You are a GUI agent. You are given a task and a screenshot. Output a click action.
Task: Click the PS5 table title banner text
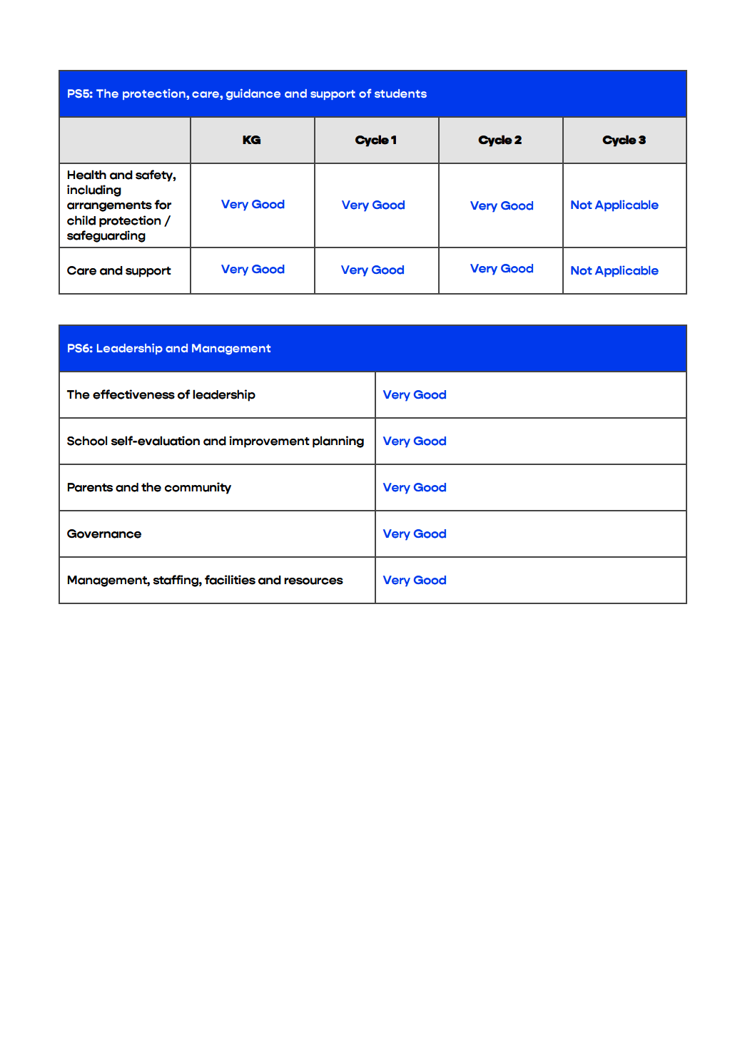pos(247,94)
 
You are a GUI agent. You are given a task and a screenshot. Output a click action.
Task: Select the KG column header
pos(251,141)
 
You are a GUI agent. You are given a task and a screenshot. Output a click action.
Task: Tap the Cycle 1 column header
pos(375,141)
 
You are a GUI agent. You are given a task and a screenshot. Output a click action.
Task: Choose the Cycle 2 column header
pos(500,141)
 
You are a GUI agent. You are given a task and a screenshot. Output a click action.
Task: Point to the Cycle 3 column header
pos(624,141)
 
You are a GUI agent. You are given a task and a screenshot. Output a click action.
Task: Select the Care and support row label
pos(118,271)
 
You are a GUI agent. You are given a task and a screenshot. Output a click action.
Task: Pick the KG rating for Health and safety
pos(253,205)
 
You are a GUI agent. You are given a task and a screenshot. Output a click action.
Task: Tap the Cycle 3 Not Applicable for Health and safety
pos(614,205)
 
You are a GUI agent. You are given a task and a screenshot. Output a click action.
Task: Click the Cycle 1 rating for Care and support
pos(372,270)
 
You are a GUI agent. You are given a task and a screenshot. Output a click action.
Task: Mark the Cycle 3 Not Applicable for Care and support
pos(614,271)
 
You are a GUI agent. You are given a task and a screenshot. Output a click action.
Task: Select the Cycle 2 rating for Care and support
pos(502,269)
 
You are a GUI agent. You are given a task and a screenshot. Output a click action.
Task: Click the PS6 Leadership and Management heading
pos(168,349)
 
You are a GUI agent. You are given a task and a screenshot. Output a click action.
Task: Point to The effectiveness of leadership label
pos(161,395)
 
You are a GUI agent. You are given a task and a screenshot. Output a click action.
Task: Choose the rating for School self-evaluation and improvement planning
pos(415,441)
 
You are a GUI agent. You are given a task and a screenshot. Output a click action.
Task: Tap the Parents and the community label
pos(148,488)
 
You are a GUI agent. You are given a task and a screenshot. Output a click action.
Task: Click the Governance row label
pos(104,534)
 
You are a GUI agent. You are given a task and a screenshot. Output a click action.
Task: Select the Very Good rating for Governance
pos(415,534)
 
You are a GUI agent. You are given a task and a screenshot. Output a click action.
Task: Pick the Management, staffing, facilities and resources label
pos(205,581)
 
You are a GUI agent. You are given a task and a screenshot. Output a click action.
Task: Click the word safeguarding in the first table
pos(106,236)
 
